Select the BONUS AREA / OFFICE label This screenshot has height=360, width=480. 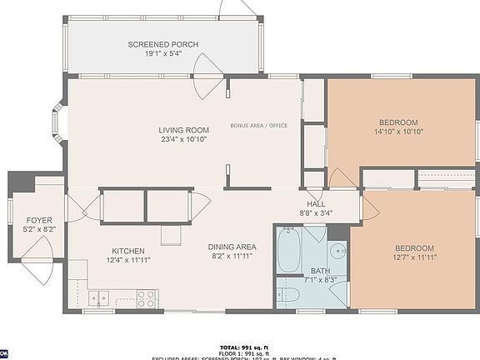coord(259,126)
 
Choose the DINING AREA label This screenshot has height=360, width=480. coord(232,247)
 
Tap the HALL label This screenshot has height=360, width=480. coord(317,204)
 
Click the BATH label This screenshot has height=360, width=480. coord(321,271)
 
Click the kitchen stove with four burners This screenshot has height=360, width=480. coord(147,297)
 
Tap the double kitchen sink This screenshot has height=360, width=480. coord(99,297)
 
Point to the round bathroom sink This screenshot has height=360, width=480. coord(337,251)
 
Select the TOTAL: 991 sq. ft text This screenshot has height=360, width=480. coord(240,346)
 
